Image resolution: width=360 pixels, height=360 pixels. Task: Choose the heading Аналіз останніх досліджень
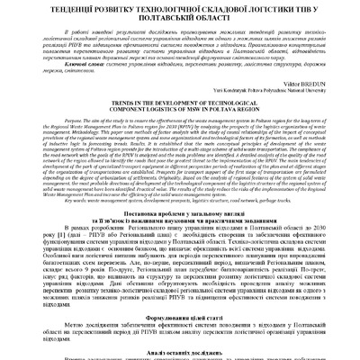point(180,354)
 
